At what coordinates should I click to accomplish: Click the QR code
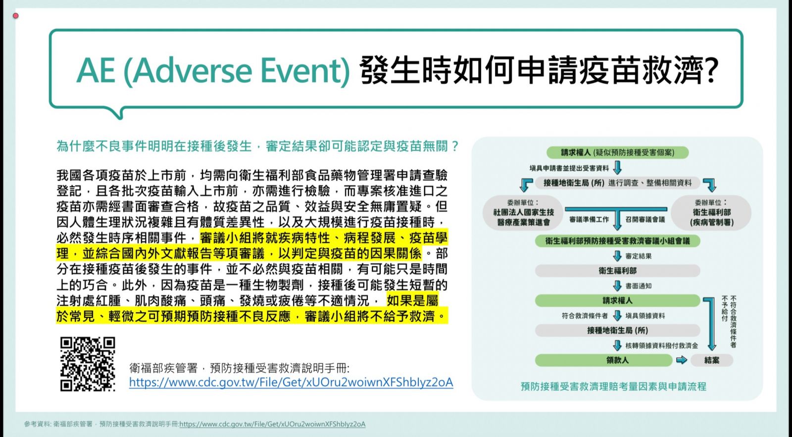[88, 364]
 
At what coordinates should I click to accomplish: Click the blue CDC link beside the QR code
[291, 383]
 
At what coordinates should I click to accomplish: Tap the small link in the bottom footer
[272, 424]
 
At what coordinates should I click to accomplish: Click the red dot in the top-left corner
[15, 15]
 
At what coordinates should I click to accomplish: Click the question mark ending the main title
[710, 70]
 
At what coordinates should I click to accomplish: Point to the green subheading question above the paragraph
[257, 146]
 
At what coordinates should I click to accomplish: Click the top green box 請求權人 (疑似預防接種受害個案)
[617, 152]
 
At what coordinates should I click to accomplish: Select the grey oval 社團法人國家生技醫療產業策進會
[523, 213]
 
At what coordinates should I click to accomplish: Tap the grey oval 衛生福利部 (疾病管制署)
[711, 213]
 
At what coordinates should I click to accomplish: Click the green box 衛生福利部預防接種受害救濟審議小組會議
[617, 241]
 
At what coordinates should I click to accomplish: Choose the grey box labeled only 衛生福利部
[617, 271]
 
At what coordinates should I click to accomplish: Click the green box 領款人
[603, 360]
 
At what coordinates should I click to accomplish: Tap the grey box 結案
[711, 360]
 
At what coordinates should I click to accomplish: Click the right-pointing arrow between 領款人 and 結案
[681, 360]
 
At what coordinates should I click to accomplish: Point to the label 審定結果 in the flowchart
[638, 256]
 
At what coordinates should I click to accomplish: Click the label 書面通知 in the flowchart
[638, 286]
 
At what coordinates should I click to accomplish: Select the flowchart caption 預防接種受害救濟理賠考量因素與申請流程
[613, 387]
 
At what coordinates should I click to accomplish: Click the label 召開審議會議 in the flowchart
[645, 220]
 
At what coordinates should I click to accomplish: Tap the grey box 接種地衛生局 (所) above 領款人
[617, 331]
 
